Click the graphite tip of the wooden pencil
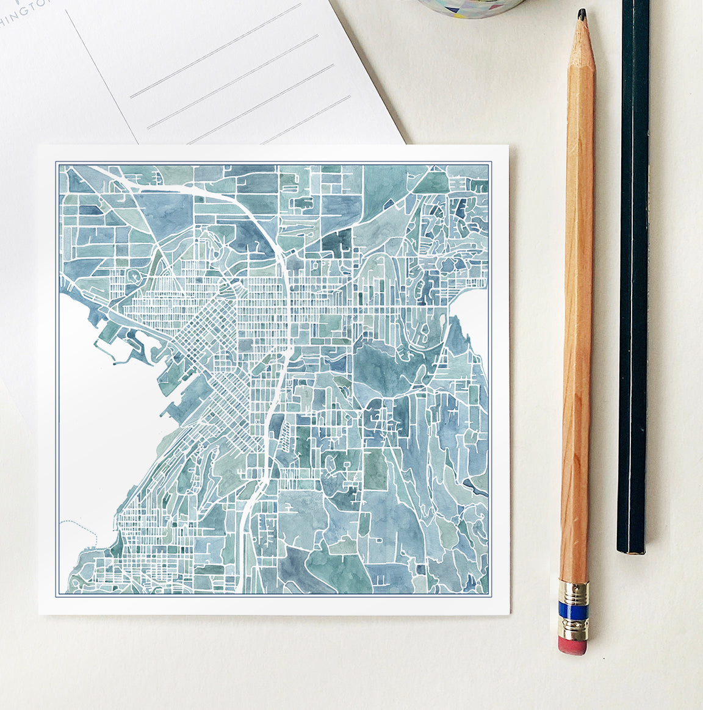(582, 14)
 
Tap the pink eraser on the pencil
(572, 646)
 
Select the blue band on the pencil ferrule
(574, 611)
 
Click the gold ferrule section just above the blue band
(574, 592)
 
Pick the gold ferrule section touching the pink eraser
(573, 629)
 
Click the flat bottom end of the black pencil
(630, 550)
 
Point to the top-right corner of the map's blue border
(491, 162)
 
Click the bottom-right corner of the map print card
(508, 614)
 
